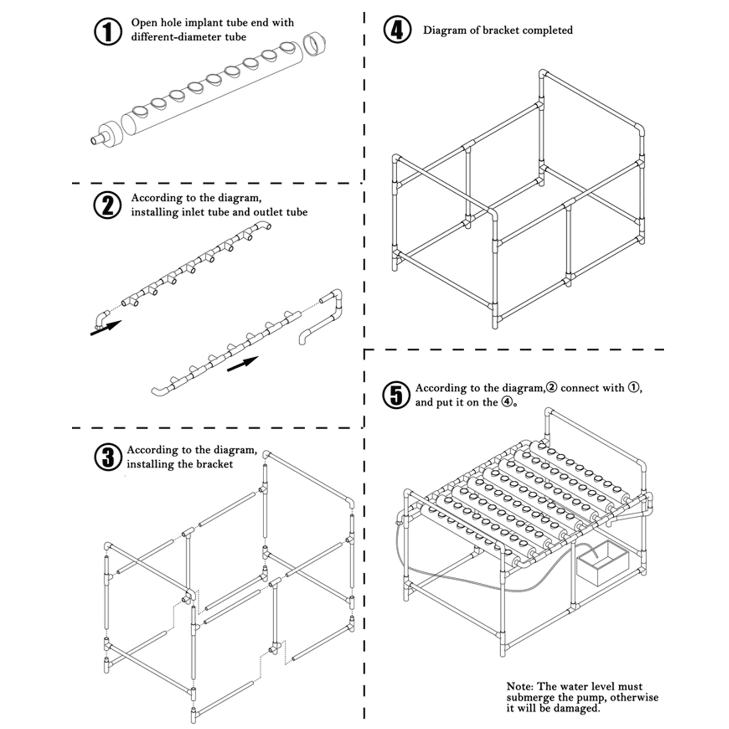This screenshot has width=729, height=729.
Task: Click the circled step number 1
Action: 108,31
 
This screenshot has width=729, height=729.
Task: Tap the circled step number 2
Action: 108,205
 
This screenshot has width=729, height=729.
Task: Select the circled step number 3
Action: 108,457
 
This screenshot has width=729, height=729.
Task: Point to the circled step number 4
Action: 397,30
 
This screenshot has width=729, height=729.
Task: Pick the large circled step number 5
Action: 396,395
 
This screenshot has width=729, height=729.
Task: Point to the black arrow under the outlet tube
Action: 242,364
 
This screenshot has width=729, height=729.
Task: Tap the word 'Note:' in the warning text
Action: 519,686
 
